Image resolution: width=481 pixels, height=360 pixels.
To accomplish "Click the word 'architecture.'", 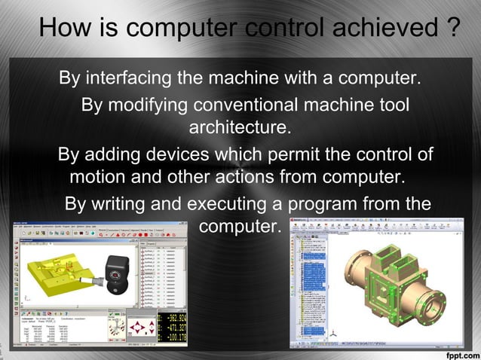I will click(240, 127).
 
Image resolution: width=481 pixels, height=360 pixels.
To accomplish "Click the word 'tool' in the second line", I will click(392, 104).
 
